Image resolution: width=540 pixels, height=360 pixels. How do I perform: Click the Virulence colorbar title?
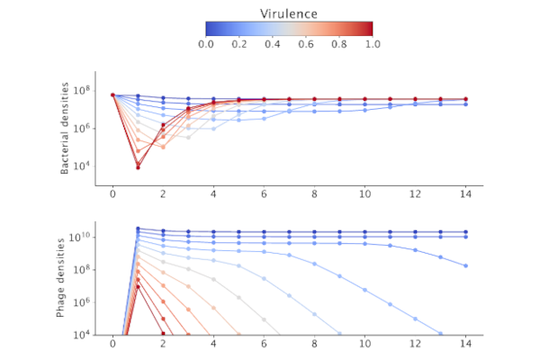coord(289,13)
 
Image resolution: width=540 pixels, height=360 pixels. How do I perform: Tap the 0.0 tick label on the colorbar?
coord(205,43)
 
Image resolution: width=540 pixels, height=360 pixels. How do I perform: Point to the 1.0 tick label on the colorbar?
coord(372,43)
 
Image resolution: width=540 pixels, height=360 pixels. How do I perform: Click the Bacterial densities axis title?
coord(65,131)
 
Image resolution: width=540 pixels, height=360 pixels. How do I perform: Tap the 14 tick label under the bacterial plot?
coord(465,195)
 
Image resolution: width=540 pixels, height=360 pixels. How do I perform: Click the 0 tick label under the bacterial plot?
coord(112,195)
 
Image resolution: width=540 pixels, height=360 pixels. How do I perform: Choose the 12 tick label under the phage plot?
coord(415,344)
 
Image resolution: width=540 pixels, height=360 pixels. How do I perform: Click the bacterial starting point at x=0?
coord(112,94)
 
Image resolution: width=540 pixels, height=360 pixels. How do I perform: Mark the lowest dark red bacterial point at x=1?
coord(138,167)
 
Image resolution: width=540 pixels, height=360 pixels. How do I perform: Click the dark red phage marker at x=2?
coord(163,333)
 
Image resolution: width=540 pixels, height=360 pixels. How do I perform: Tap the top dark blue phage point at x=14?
coord(465,231)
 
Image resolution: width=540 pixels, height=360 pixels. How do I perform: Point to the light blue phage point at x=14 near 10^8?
coord(465,265)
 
